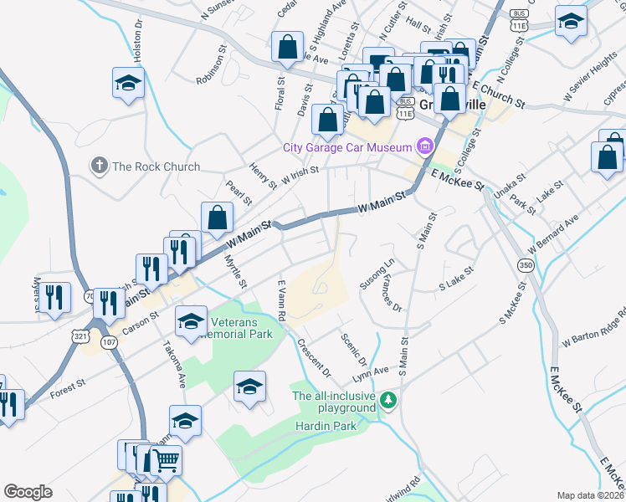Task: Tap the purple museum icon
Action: (x=424, y=148)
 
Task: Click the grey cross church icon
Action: (x=99, y=166)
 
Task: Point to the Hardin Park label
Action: (x=326, y=426)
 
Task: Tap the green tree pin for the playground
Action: (x=387, y=401)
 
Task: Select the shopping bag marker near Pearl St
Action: (x=217, y=218)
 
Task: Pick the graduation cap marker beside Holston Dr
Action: (x=128, y=84)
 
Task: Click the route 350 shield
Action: (x=526, y=265)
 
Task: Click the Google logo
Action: (x=28, y=492)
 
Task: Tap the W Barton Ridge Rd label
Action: (x=594, y=327)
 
